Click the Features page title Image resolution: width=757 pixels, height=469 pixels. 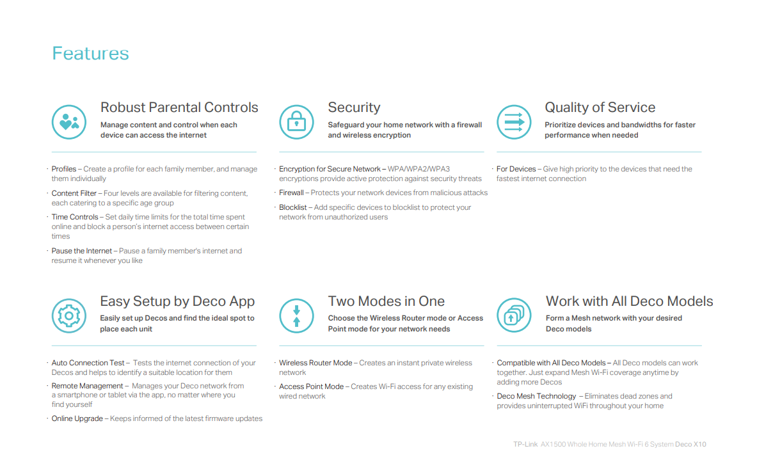90,54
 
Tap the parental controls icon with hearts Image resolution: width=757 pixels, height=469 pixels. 68,122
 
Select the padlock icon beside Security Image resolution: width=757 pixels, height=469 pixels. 296,122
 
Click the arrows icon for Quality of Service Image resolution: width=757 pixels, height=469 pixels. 514,122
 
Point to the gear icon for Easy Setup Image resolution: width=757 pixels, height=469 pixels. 68,315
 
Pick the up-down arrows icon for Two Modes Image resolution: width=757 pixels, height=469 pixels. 296,315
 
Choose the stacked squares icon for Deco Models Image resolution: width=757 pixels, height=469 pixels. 514,315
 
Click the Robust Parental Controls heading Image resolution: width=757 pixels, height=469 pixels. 179,107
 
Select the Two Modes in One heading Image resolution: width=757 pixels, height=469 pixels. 386,301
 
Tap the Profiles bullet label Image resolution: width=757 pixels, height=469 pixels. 64,169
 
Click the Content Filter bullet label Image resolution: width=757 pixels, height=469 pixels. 74,193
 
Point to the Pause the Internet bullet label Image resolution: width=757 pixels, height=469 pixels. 82,251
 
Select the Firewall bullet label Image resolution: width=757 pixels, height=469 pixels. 291,193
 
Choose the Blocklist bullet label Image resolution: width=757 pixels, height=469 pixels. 293,207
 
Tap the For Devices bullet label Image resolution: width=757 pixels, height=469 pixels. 516,169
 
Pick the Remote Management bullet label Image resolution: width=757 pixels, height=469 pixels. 87,386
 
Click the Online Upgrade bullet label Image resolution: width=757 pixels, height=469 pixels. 77,418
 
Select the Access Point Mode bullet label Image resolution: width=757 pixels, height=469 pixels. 311,386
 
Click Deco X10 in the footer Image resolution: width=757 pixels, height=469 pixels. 690,444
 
